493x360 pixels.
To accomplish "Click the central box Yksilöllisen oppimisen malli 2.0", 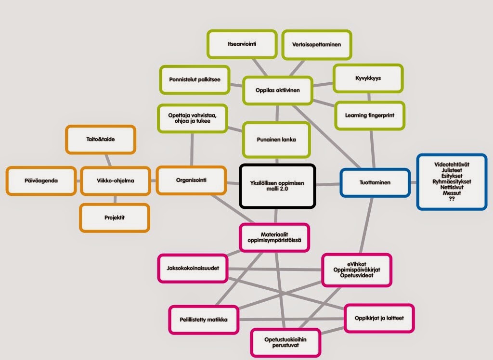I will point(277,186).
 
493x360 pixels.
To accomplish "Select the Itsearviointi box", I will point(242,44).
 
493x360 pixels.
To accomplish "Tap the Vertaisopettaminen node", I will point(316,44).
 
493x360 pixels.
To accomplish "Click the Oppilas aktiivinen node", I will point(278,90).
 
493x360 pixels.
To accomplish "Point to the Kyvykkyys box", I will point(368,78).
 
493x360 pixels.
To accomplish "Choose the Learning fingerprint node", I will point(369,115).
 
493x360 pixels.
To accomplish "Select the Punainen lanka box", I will point(276,140).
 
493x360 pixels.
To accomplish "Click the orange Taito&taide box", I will point(101,139).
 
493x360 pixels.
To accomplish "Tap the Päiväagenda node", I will point(41,180).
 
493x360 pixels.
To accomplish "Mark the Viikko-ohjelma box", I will point(115,181).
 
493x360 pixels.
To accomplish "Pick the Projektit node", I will point(115,218).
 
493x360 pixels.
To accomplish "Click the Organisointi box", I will point(192,180).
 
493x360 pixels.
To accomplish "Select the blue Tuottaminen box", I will point(375,182).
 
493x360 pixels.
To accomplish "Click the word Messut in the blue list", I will point(452,193).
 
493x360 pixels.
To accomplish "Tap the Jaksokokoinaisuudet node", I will point(193,268).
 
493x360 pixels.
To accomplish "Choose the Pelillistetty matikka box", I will point(204,320).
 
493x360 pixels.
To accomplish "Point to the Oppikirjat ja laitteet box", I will point(379,318).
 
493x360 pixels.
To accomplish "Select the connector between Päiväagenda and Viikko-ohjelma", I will point(78,181).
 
